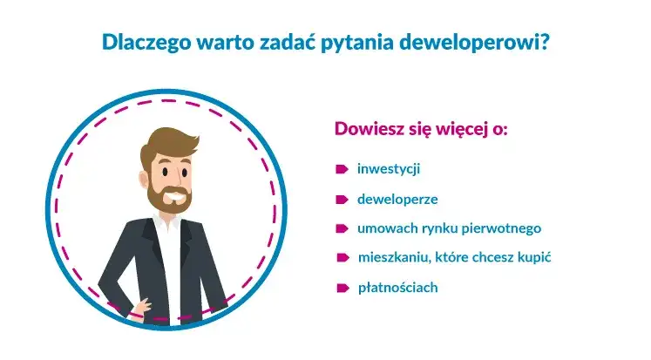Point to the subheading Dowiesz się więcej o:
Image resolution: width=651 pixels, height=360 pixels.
pos(421,129)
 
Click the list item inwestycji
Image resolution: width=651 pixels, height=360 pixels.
pos(389,168)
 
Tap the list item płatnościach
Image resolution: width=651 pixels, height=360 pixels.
pos(397,287)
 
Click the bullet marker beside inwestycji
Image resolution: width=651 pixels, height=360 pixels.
pos(342,168)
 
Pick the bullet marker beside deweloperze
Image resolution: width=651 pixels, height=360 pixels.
pos(342,199)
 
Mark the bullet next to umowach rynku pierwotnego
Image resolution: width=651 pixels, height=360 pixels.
pos(342,228)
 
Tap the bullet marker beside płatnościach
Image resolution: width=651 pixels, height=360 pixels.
pos(342,288)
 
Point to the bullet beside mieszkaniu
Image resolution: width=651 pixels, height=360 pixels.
pos(342,258)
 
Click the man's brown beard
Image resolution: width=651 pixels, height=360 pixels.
pos(166,199)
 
